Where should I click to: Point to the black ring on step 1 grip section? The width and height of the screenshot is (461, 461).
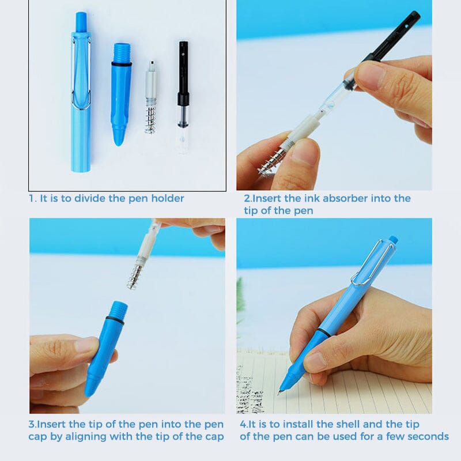point(121,64)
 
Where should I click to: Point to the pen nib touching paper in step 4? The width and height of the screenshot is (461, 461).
point(281,391)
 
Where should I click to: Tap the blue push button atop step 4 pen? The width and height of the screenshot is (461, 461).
point(393,239)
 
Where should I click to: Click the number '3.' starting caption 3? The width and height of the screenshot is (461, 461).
point(33,424)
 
